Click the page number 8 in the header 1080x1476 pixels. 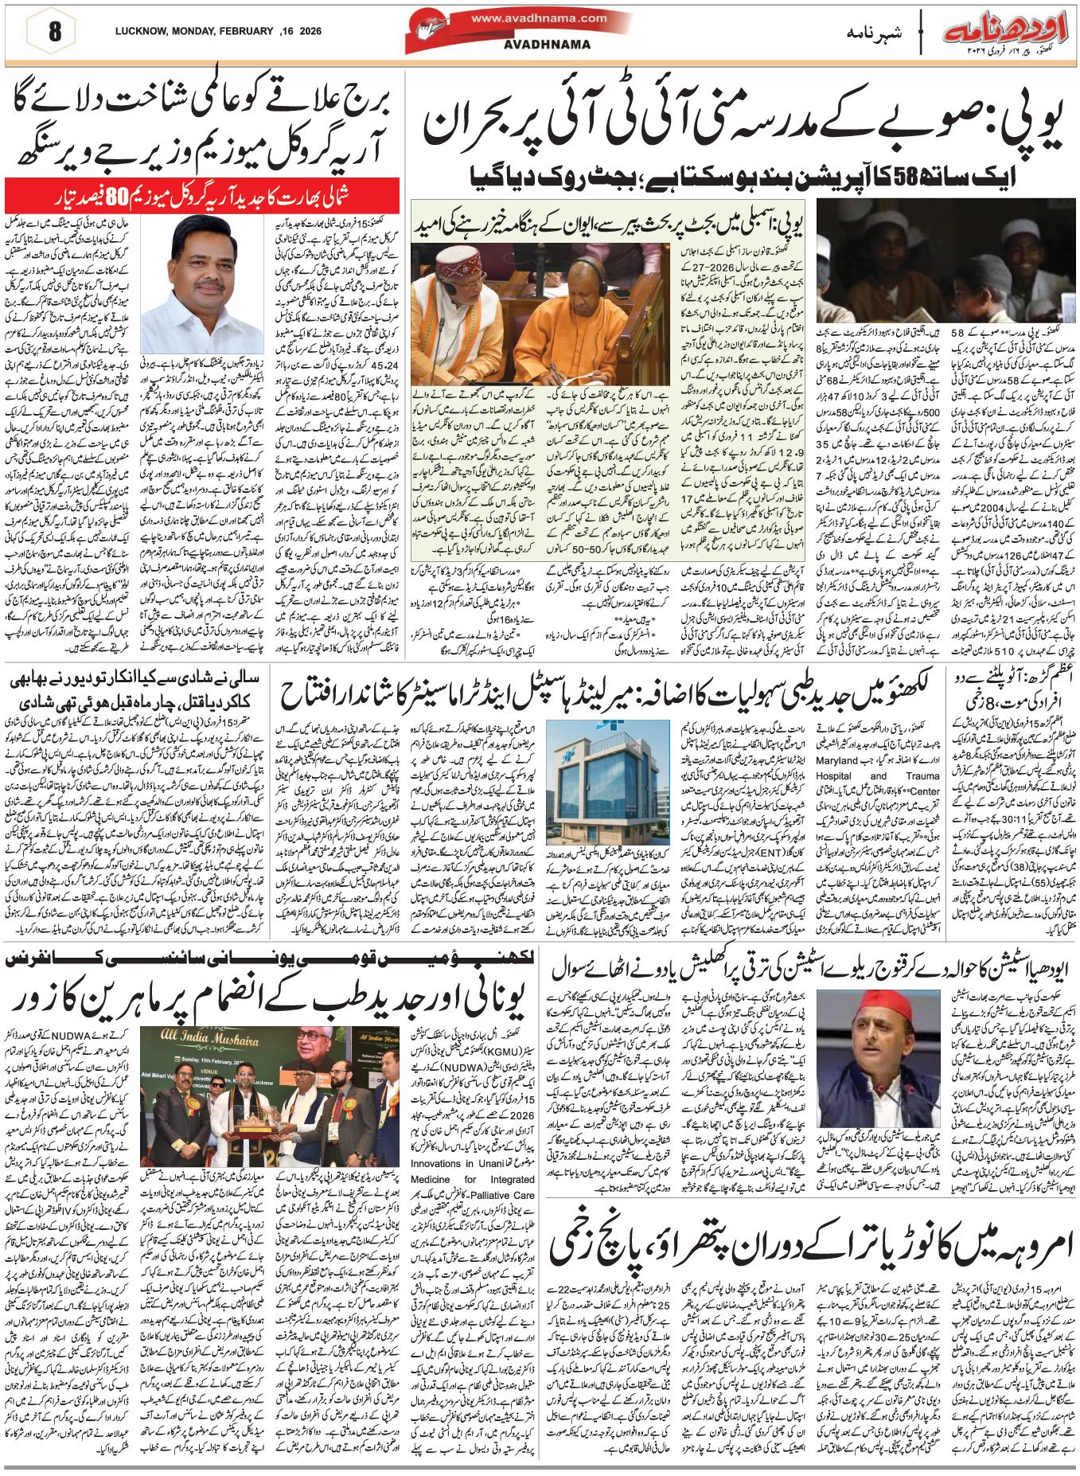(54, 33)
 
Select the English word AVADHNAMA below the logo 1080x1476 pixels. (547, 45)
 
